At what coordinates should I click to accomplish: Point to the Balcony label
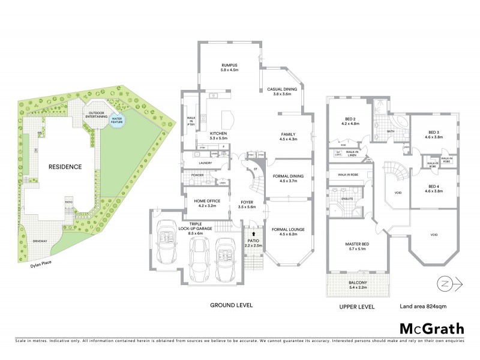pyautogui.click(x=356, y=284)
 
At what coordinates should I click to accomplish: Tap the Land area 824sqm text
pyautogui.click(x=423, y=306)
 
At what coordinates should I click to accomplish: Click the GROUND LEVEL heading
pyautogui.click(x=231, y=305)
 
